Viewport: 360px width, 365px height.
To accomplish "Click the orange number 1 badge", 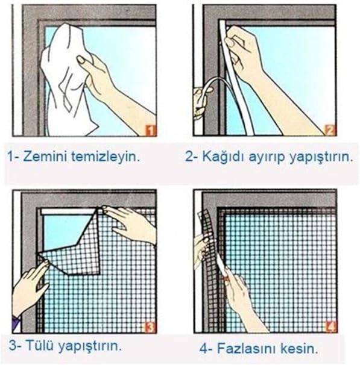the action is [x=150, y=130].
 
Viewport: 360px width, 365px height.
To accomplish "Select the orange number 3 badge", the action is [x=150, y=328].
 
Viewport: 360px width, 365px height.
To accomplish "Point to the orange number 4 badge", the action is [x=330, y=326].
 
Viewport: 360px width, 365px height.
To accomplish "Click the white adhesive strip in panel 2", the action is [x=233, y=77].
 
